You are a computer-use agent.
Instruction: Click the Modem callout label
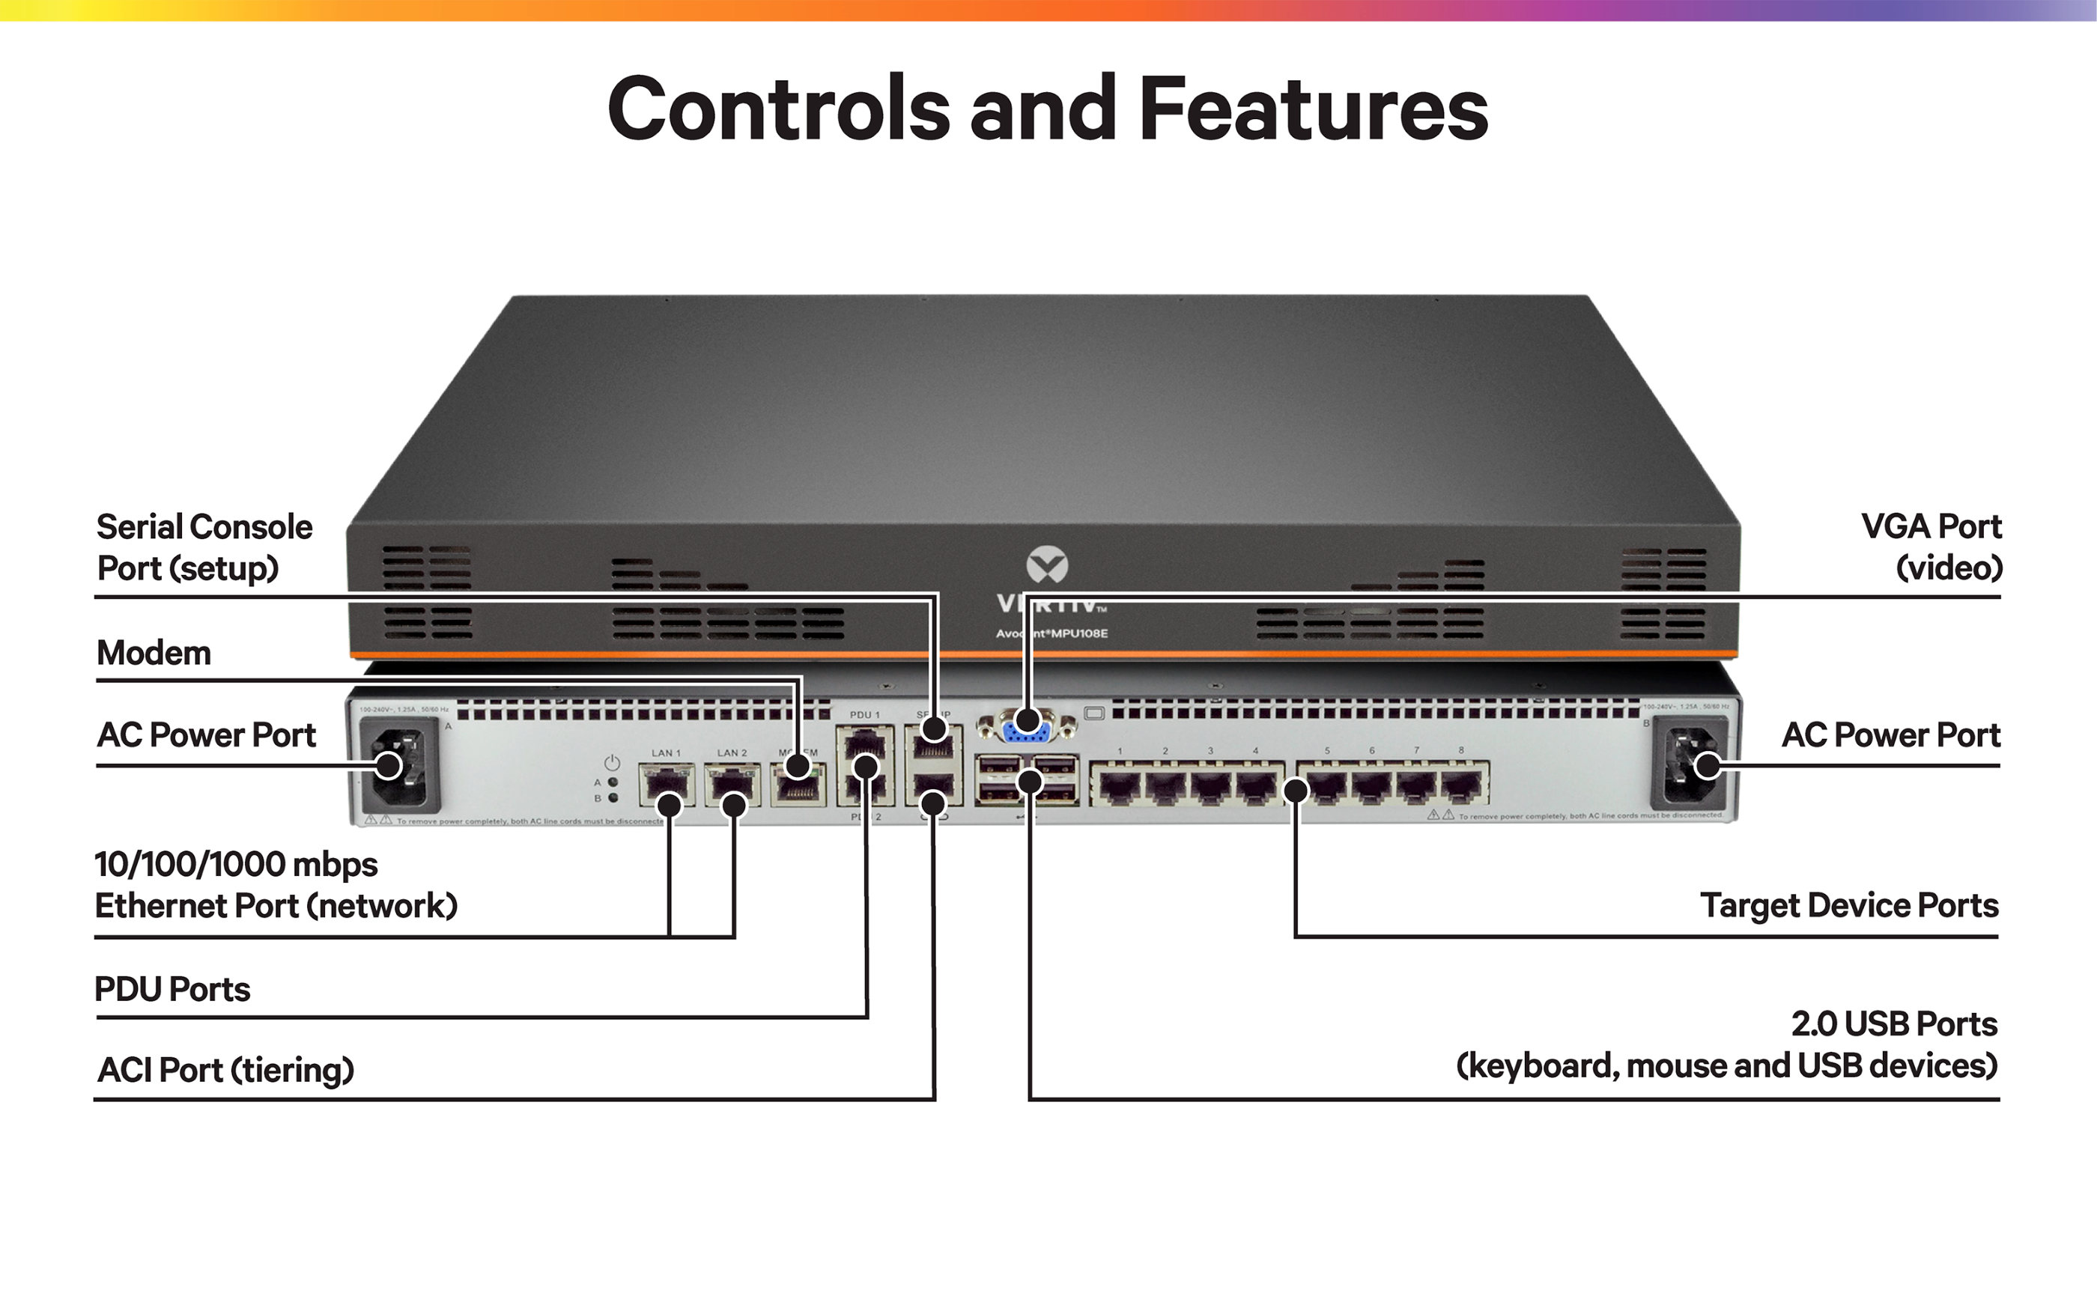(x=154, y=653)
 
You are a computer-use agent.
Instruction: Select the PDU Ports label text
(x=172, y=989)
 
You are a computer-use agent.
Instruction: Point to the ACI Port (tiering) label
(x=225, y=1070)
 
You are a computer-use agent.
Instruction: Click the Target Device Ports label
(x=1848, y=905)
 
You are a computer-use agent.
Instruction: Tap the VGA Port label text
(x=1931, y=526)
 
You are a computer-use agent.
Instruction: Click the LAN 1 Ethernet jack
(x=666, y=785)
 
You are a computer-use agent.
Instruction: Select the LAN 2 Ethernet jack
(x=731, y=785)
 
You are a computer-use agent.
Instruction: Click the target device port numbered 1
(x=1119, y=785)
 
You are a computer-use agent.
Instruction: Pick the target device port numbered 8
(x=1462, y=785)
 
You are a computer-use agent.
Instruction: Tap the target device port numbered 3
(x=1210, y=785)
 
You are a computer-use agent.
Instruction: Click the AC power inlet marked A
(x=399, y=765)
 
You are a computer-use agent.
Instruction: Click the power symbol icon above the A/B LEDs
(x=612, y=763)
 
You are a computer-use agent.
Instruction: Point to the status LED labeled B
(x=613, y=798)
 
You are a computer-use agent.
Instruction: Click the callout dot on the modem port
(x=798, y=765)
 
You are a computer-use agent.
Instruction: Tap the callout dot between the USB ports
(x=1030, y=782)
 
